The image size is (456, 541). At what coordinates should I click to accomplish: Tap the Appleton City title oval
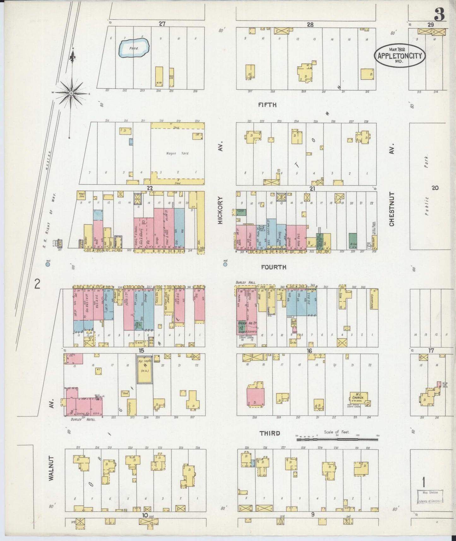(x=400, y=56)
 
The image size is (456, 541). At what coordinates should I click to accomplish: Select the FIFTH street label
(x=267, y=105)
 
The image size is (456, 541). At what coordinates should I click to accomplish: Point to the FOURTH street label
(x=274, y=267)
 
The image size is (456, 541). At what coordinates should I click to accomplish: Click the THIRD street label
(x=269, y=433)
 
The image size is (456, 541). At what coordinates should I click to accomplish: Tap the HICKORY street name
(x=220, y=211)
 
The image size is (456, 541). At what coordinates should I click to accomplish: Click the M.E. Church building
(x=358, y=398)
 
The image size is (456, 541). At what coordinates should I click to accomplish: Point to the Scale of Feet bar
(x=337, y=439)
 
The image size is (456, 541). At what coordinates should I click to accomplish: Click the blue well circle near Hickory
(x=225, y=265)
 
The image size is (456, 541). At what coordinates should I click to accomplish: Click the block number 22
(x=150, y=188)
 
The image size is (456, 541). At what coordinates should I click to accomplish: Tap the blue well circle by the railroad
(x=48, y=265)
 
